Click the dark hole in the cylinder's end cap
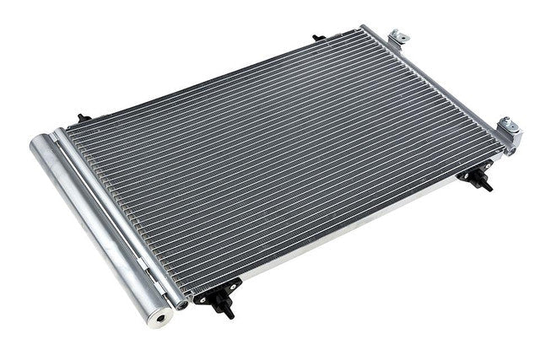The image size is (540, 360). pyautogui.click(x=158, y=320)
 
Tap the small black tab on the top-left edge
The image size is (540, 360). pyautogui.click(x=81, y=118)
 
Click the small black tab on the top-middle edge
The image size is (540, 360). pyautogui.click(x=318, y=38)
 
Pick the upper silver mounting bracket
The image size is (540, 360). pyautogui.click(x=397, y=38)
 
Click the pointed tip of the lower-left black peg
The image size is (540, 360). pyautogui.click(x=229, y=315)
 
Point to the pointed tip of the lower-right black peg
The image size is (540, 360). pyautogui.click(x=489, y=190)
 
